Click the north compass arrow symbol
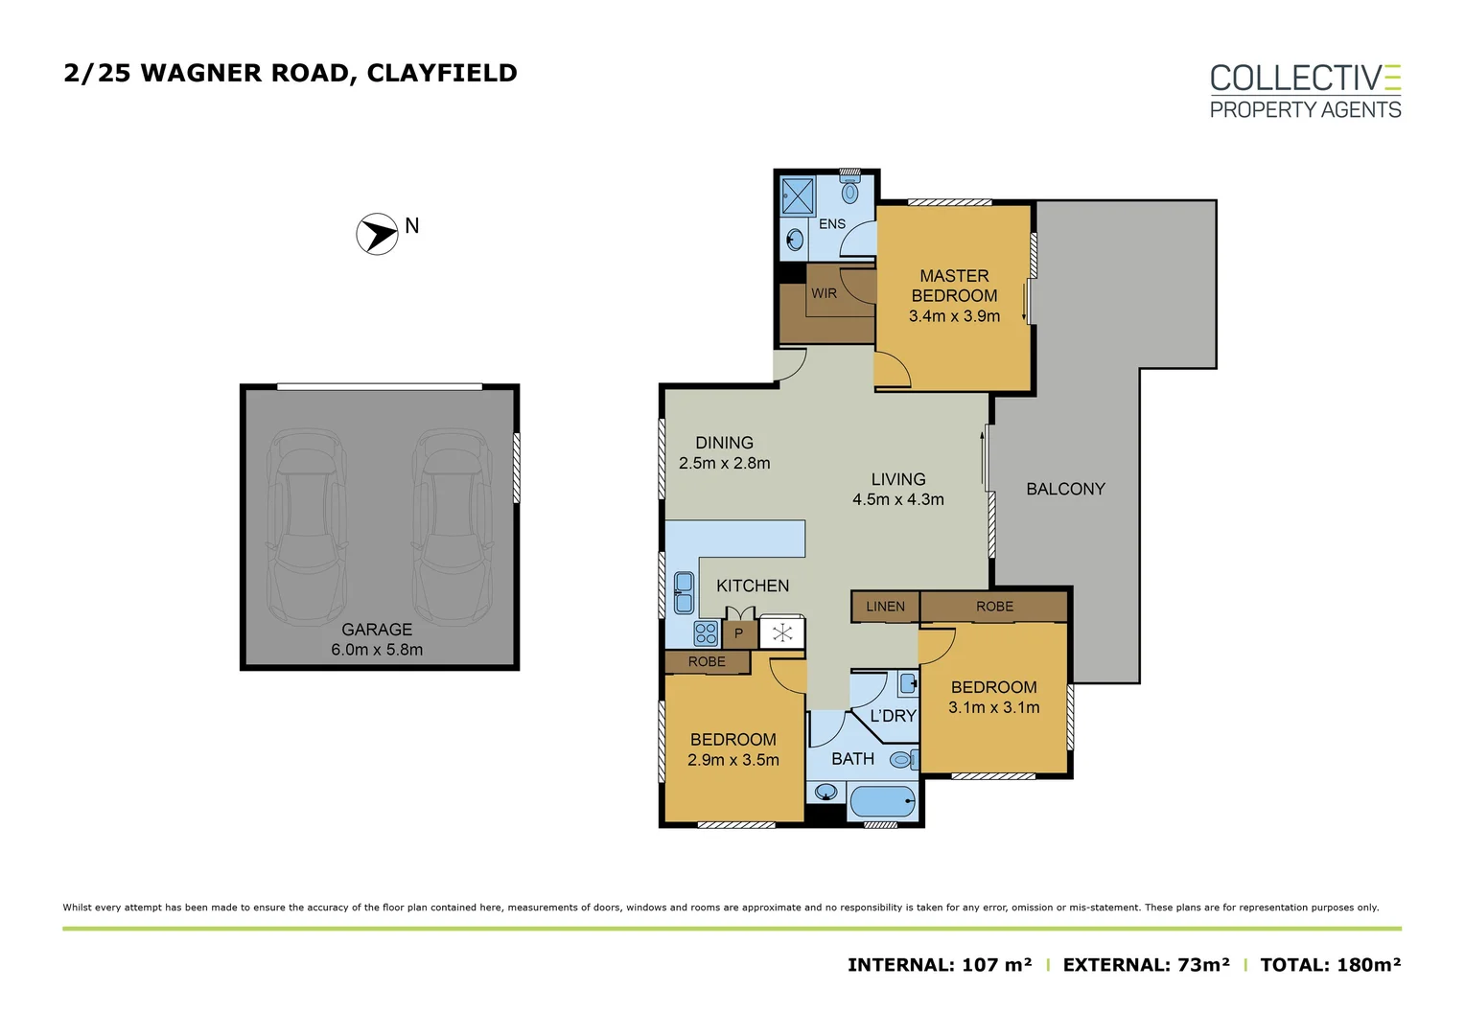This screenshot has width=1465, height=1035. click(x=377, y=234)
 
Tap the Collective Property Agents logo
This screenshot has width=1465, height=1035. click(x=1304, y=92)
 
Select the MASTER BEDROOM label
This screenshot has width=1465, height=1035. click(x=954, y=286)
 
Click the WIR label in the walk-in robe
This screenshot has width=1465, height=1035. click(x=824, y=293)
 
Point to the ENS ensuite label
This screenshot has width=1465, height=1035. click(x=831, y=224)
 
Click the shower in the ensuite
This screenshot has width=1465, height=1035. click(x=797, y=195)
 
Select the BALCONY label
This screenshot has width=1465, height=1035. click(x=1065, y=489)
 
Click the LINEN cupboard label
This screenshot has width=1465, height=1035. click(x=885, y=607)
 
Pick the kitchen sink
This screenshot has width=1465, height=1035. click(x=684, y=592)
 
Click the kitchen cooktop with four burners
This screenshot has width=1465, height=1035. click(x=706, y=632)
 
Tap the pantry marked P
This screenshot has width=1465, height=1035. click(x=738, y=633)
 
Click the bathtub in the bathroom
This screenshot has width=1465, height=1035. click(x=883, y=801)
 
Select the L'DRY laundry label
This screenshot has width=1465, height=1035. click(x=893, y=716)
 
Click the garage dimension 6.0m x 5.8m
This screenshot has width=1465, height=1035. click(x=377, y=650)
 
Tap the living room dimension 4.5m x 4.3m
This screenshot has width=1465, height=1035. click(x=897, y=499)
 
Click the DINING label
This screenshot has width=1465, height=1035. click(x=724, y=443)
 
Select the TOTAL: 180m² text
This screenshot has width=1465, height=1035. click(x=1330, y=965)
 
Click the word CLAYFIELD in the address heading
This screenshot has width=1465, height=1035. click(x=442, y=73)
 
